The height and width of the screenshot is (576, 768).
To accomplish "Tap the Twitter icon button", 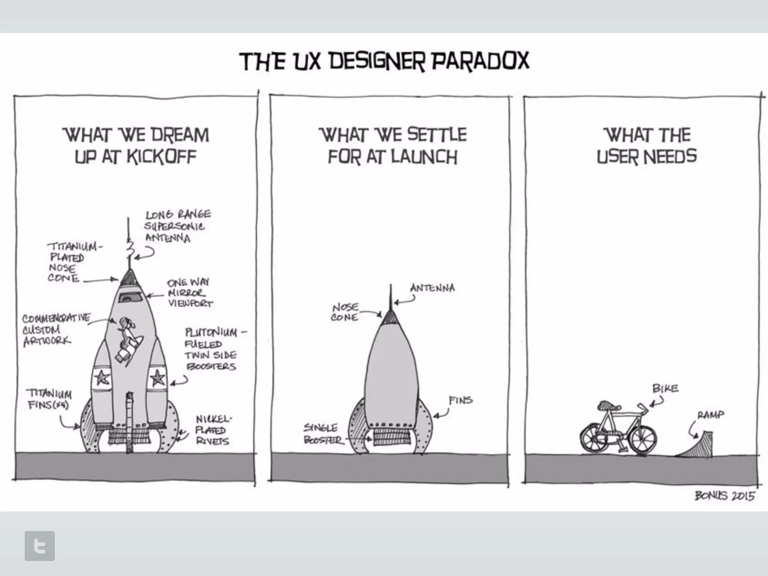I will coord(40,546).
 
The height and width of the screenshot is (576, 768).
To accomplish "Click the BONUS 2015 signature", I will coord(724,496).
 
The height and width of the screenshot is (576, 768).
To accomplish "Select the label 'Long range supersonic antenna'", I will coord(178,226).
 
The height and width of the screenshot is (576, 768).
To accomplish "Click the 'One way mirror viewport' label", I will coord(189,293).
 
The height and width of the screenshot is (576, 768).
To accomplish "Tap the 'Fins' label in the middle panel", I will coord(460,400).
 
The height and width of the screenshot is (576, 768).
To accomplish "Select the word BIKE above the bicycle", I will coord(665,388).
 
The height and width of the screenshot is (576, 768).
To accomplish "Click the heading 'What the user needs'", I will coord(646,145).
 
